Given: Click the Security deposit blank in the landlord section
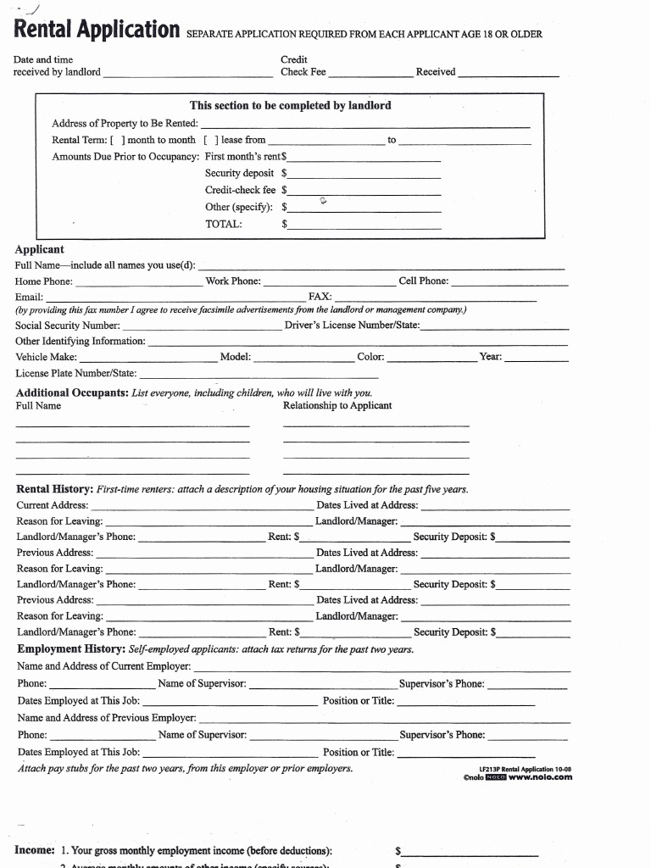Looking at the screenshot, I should click(x=364, y=173).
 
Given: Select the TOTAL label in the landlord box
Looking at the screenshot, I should click(x=224, y=225).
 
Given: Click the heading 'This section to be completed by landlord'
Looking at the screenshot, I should click(x=291, y=106).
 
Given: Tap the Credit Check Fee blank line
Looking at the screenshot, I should click(x=370, y=73).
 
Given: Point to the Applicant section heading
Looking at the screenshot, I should click(x=39, y=249).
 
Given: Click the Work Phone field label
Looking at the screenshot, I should click(x=233, y=281).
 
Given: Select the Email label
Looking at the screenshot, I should click(x=29, y=298).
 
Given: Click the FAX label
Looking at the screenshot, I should click(x=320, y=298).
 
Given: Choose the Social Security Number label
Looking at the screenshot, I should click(x=68, y=325).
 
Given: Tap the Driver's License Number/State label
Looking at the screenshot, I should click(x=352, y=325).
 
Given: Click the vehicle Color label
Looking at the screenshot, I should click(x=370, y=357).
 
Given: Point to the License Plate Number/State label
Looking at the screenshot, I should click(x=76, y=373).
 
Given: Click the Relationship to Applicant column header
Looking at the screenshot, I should click(x=337, y=405).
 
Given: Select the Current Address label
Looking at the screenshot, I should click(x=52, y=505).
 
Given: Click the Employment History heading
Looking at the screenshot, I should click(x=71, y=649).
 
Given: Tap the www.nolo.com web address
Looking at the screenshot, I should click(x=540, y=776).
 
